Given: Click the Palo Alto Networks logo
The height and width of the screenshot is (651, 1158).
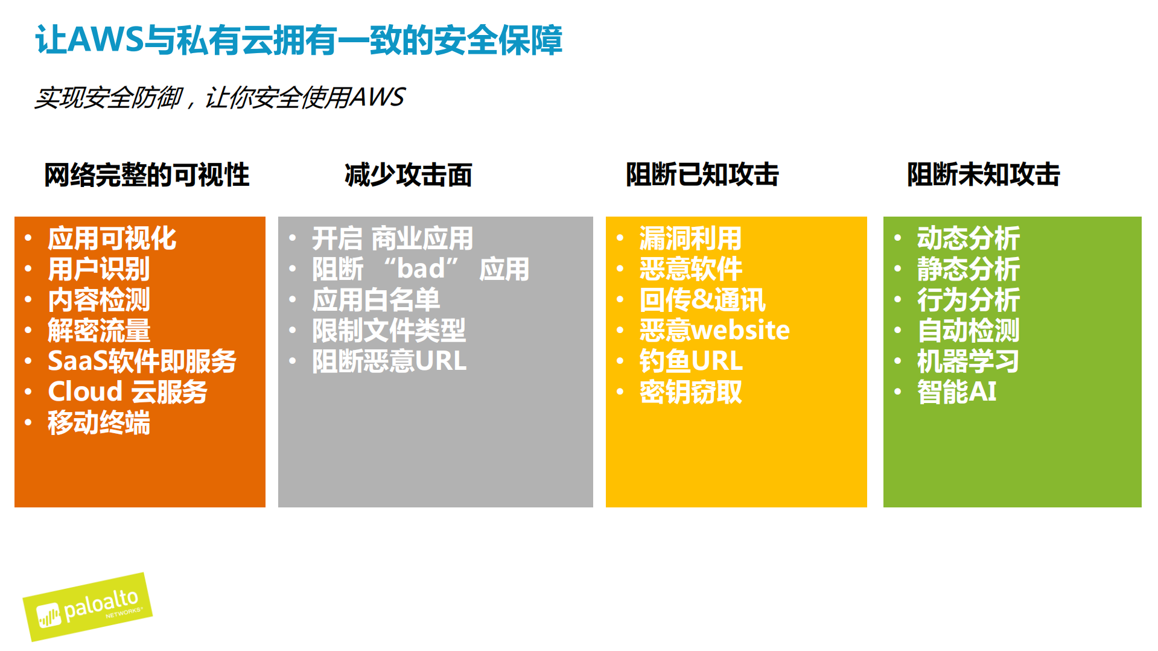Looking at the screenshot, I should click(x=87, y=607).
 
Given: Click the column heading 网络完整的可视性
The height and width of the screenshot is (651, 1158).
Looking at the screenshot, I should click(x=147, y=175).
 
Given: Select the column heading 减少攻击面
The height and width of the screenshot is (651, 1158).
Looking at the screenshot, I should click(x=408, y=175).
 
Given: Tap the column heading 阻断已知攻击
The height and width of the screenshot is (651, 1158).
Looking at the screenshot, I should click(x=702, y=175).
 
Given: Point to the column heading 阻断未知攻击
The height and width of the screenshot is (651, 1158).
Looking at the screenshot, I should click(x=983, y=175).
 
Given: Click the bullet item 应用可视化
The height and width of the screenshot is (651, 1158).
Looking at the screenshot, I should click(x=112, y=238).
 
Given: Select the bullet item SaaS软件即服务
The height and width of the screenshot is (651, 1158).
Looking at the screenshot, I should click(x=142, y=361).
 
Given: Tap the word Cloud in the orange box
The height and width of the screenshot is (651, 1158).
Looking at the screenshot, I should click(x=85, y=392).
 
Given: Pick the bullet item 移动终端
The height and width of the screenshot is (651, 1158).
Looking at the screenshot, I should click(x=99, y=422).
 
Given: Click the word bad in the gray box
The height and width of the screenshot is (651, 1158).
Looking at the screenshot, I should click(x=421, y=269).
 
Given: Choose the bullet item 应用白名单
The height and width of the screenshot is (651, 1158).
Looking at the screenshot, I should click(x=375, y=300).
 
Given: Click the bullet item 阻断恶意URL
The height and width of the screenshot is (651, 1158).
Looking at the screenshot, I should click(x=389, y=361).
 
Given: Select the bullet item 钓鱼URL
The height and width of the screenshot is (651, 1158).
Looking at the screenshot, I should click(x=691, y=361).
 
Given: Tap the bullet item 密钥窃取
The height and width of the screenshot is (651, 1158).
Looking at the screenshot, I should click(x=690, y=392).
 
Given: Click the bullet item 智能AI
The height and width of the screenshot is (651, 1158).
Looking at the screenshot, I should click(x=956, y=392).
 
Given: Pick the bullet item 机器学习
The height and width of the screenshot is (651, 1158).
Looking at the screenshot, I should click(x=968, y=361).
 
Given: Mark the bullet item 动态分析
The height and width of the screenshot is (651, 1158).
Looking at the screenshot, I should click(x=968, y=238).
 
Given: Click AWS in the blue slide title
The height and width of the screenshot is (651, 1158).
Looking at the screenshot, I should click(x=106, y=40).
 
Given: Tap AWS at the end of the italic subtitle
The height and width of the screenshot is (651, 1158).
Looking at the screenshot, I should click(x=378, y=97).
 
